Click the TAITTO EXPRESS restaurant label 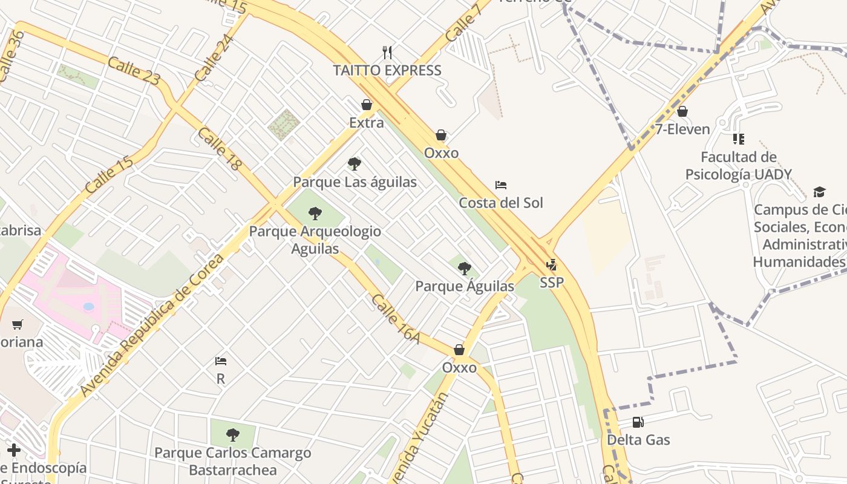tap(387, 70)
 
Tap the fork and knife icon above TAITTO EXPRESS tap(387, 53)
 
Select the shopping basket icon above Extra tap(367, 105)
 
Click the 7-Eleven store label tap(682, 129)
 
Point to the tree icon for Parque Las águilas tap(355, 164)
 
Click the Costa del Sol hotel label tap(500, 203)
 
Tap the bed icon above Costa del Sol tap(500, 185)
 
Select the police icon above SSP tap(551, 265)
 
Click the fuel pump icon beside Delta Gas tap(638, 422)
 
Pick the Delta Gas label tap(638, 440)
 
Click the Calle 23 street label tap(134, 70)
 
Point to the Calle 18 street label tap(219, 149)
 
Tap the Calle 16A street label tap(396, 319)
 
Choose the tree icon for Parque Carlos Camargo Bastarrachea tap(232, 434)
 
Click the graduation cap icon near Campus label tap(819, 192)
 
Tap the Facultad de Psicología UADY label tap(738, 166)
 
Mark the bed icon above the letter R tap(221, 362)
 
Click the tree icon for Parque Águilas tap(464, 268)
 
